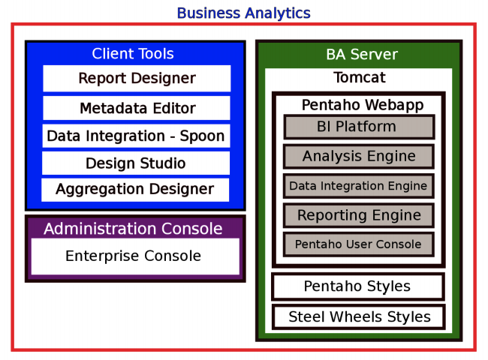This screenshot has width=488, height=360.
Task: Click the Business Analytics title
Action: pyautogui.click(x=243, y=13)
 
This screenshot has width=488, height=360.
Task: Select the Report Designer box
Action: pyautogui.click(x=137, y=78)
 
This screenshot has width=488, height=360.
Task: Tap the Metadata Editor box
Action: pyautogui.click(x=137, y=108)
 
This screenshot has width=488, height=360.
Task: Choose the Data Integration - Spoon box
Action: pyautogui.click(x=136, y=136)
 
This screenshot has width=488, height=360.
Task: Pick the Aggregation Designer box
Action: pyautogui.click(x=135, y=189)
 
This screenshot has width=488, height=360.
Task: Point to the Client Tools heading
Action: pyautogui.click(x=133, y=53)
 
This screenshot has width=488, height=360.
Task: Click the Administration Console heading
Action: pyautogui.click(x=133, y=228)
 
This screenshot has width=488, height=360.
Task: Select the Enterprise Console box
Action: pyautogui.click(x=134, y=256)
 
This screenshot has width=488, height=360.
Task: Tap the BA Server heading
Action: pyautogui.click(x=361, y=54)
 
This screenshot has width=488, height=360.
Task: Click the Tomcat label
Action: pyautogui.click(x=359, y=77)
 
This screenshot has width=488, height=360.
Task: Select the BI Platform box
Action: pyautogui.click(x=359, y=126)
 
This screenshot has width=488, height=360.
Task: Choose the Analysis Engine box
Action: pyautogui.click(x=359, y=156)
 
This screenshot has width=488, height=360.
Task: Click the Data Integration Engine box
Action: pyautogui.click(x=358, y=185)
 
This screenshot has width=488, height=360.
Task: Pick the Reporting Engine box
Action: pyautogui.click(x=359, y=215)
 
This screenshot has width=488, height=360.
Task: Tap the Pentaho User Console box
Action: pyautogui.click(x=358, y=244)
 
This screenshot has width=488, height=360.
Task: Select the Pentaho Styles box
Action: pyautogui.click(x=357, y=286)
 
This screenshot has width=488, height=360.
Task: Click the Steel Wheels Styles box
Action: pyautogui.click(x=359, y=316)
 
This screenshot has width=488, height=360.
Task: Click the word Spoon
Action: pyautogui.click(x=202, y=136)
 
